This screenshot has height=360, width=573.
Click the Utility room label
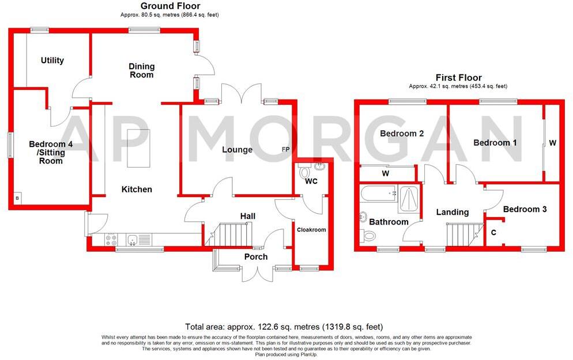point(52,60)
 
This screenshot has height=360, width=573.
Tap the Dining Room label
point(141,71)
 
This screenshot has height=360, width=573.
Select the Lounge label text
point(238,150)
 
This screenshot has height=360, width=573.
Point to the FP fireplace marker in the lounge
point(285,150)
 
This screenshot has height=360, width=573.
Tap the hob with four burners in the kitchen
point(110,240)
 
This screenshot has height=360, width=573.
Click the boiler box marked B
point(17,199)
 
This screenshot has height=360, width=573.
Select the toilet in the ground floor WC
point(305,172)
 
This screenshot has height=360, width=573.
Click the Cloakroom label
point(311,229)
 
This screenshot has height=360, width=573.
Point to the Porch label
point(256,256)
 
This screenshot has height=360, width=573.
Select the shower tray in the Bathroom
point(410,196)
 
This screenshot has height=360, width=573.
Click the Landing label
point(452,213)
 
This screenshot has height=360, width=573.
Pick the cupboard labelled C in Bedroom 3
point(493,233)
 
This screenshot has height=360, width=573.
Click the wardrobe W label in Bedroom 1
point(552,142)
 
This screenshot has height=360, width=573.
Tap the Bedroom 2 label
point(402,134)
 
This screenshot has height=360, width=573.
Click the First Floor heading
point(458,78)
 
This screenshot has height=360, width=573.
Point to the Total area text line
point(283,326)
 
